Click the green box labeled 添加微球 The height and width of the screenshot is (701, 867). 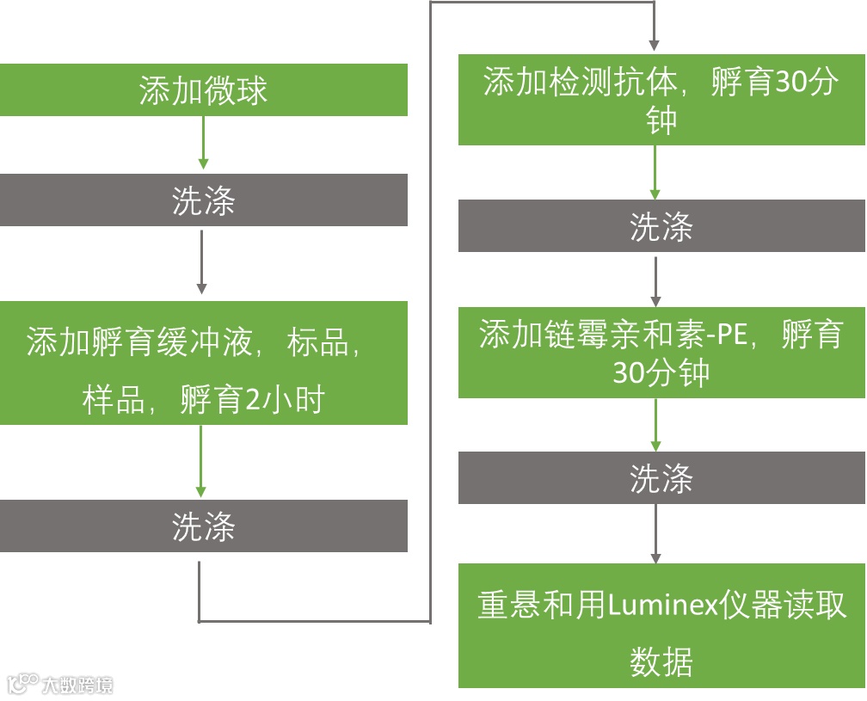point(204,90)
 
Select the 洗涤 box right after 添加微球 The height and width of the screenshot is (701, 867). point(204,200)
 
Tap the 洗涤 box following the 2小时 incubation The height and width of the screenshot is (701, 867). point(204,526)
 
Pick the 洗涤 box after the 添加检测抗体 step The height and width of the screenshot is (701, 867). point(661,226)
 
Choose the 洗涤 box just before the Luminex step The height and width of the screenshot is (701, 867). point(661,478)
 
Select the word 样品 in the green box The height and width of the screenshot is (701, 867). point(114,400)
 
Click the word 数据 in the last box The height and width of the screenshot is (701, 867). point(661,662)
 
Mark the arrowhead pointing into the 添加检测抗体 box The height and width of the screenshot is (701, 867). point(655,44)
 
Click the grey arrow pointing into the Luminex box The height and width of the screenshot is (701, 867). point(656,533)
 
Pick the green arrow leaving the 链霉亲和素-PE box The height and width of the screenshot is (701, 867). point(656,425)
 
